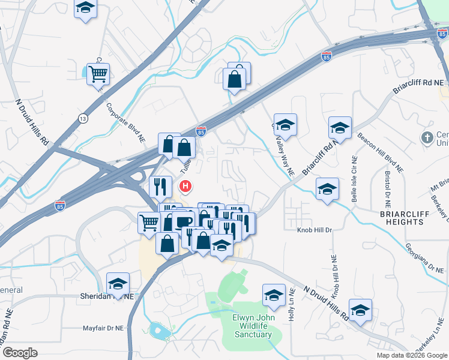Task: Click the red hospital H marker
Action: pos(186,187)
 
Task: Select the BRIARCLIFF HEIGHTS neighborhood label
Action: pos(405,217)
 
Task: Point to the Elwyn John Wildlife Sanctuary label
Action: pos(252,326)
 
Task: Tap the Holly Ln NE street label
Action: pos(291,304)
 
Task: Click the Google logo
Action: pos(20,353)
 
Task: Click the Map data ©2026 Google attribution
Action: pos(412,355)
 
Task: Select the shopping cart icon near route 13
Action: pos(97,74)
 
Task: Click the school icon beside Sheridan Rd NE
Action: pos(118,283)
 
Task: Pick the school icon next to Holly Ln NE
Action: pos(274,295)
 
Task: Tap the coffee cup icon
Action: pos(184,220)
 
